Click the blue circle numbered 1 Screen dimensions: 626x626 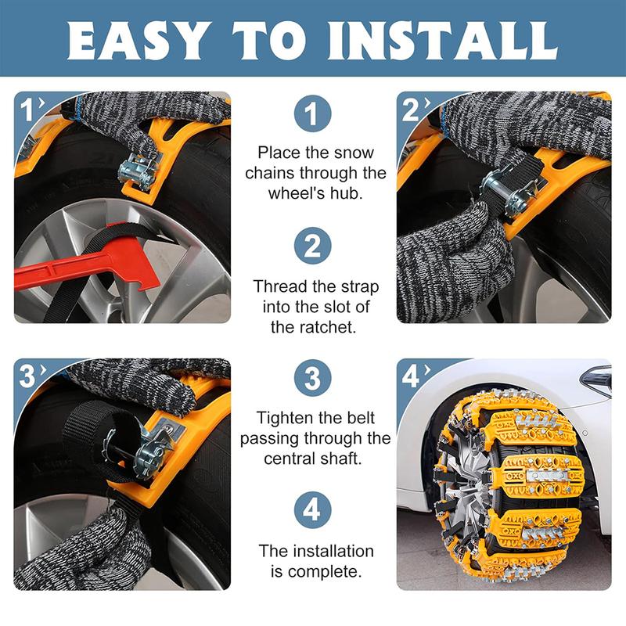pos(312,113)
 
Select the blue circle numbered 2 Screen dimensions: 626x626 pos(312,246)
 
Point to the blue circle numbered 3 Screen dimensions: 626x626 pos(312,378)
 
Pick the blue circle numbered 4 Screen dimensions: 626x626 pos(312,510)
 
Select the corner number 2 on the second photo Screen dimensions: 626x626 pos(410,110)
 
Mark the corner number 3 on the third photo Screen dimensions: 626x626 pos(27,376)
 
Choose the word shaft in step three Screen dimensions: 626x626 pos(344,459)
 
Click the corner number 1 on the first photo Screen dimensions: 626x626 pos(27,110)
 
